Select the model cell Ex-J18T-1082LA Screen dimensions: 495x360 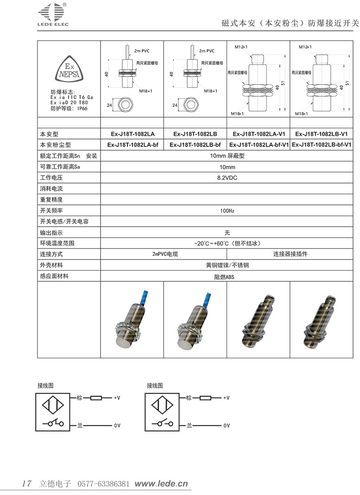tap(132, 134)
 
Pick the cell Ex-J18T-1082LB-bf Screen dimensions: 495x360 tap(195, 145)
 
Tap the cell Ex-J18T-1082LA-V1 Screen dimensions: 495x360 tap(258, 134)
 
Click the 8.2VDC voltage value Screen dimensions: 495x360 tap(227, 178)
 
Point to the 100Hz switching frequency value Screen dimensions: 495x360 tap(227, 211)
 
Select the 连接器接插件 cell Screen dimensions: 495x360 tap(290, 254)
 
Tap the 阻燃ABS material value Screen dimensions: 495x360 tap(227, 277)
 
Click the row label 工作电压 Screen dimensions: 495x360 tap(51, 178)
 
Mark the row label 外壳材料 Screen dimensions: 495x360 tap(51, 266)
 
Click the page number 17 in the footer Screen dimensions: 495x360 tap(26, 484)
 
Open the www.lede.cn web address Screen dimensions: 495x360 tap(161, 484)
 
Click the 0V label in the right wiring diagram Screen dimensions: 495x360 tap(227, 425)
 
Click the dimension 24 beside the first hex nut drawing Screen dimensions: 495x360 tap(110, 106)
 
